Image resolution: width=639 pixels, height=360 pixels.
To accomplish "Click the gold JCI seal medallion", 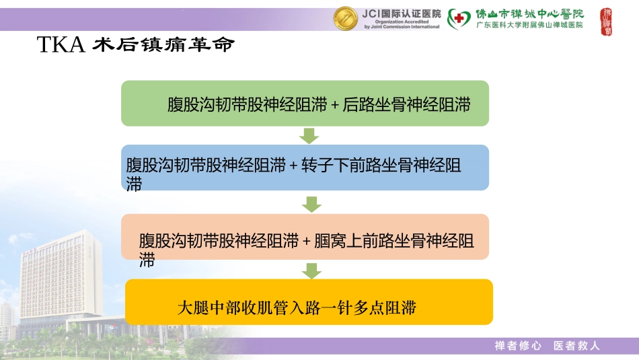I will tap(346, 18).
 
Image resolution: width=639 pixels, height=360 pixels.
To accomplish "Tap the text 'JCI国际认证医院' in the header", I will tap(402, 13).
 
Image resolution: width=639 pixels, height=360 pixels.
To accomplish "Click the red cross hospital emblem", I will tap(459, 18).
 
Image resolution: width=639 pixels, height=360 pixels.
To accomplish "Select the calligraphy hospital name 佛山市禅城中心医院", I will tap(530, 13).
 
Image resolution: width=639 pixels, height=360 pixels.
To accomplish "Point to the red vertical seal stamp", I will tap(606, 22).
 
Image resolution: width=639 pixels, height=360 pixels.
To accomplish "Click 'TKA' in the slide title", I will tap(60, 45).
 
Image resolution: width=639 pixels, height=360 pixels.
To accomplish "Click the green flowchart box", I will tap(305, 104).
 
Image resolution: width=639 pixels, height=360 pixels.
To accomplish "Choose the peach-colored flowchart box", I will tap(305, 237).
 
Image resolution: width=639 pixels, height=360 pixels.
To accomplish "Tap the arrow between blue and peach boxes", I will tap(311, 204).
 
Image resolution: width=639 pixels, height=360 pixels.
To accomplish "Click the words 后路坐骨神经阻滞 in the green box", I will tap(406, 105).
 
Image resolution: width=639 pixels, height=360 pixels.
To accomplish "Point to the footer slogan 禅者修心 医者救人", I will tap(547, 346).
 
